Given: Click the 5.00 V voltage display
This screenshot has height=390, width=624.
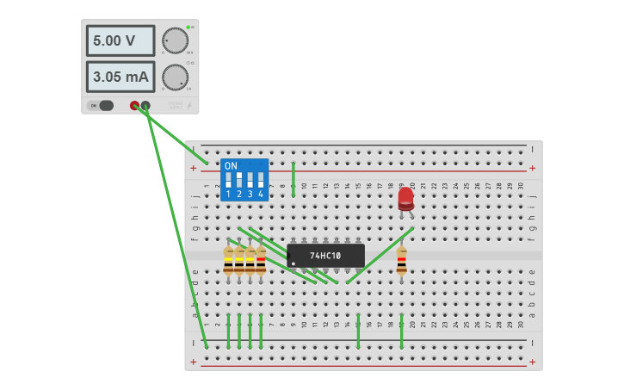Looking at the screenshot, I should coord(120,40).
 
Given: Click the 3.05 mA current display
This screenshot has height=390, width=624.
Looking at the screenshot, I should coord(120,77).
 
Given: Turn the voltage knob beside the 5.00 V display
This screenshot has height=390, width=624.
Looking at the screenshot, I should coord(175,40).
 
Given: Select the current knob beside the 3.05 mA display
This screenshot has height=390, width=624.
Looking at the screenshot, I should coord(175,77).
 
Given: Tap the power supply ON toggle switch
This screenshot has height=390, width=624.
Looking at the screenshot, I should coord(102,106).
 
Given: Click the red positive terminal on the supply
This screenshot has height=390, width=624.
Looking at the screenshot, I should coord(134,106).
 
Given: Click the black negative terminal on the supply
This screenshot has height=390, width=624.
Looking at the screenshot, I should coord(145,106).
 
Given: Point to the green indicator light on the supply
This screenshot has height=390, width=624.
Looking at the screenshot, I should coord(188,28).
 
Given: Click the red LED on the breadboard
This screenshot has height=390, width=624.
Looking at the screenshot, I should coord(405,199).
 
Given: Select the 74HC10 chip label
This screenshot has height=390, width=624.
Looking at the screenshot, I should coord(325,256).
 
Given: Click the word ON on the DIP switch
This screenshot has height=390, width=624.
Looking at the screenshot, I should coord(231,165).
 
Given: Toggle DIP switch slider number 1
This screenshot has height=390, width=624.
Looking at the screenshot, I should coord(228,181).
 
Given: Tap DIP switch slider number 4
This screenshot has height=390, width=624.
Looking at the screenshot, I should coord(260,181).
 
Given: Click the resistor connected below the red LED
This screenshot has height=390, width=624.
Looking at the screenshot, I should coord(401,260).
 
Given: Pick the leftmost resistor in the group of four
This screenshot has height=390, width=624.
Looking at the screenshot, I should coord(228,260).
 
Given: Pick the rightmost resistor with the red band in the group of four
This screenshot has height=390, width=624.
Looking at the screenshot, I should coord(261,260).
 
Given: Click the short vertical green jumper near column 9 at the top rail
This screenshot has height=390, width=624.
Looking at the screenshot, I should coord(293,179).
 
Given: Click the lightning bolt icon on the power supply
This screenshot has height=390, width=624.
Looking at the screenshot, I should coord(190,106).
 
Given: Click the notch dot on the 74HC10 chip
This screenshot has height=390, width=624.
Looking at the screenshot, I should coord(293,263).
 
